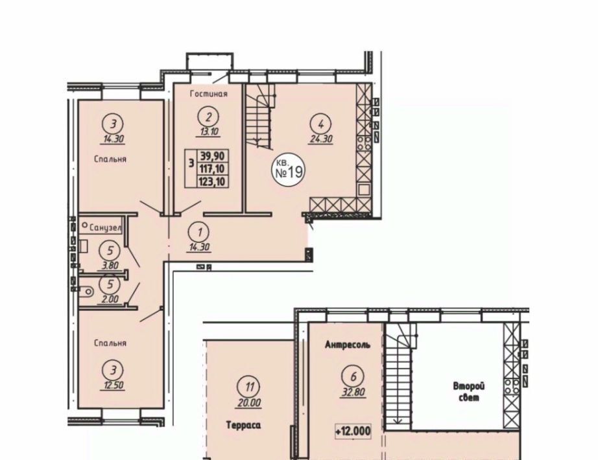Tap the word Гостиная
coord(209,94)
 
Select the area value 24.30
coord(320,139)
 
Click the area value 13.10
coord(208,132)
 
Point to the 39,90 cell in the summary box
coord(213,155)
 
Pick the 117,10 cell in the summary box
coord(213,168)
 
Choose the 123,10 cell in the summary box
coord(213,181)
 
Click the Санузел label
coord(106,228)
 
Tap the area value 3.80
coord(110,265)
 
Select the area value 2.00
coord(110,299)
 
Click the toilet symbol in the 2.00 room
coord(87,292)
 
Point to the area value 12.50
coord(112,385)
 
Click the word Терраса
coord(243,424)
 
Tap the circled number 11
coord(250,387)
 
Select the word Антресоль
coord(348,345)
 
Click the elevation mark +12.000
coord(353,431)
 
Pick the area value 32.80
coord(353,392)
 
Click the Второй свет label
coord(469,392)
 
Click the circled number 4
coord(321,124)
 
